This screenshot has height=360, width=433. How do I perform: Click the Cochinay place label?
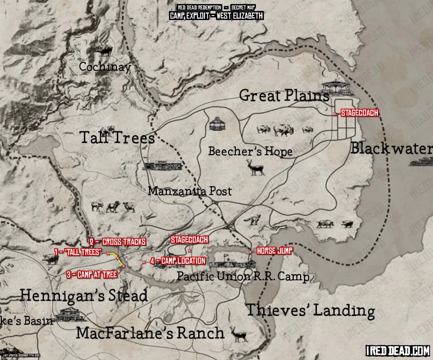point(105,67)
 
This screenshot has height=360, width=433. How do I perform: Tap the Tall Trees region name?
point(117,138)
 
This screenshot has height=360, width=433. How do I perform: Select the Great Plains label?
point(284,96)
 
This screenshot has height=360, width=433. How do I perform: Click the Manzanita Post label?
point(190,191)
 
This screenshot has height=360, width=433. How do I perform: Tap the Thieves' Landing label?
point(310,310)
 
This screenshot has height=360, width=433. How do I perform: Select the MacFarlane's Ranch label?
point(150,333)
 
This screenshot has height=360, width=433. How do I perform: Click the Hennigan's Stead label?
point(84,296)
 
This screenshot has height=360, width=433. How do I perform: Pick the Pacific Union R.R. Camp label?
point(243,277)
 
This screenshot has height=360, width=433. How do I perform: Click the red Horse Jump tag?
point(275,251)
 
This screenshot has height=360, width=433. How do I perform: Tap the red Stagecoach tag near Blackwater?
point(359,113)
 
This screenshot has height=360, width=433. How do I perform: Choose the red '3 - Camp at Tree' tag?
point(92,274)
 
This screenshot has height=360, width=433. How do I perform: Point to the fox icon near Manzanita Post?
point(251,220)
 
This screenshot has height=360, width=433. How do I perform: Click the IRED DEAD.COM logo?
point(398,351)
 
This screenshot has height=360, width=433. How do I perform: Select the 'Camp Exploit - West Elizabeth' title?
point(216,16)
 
